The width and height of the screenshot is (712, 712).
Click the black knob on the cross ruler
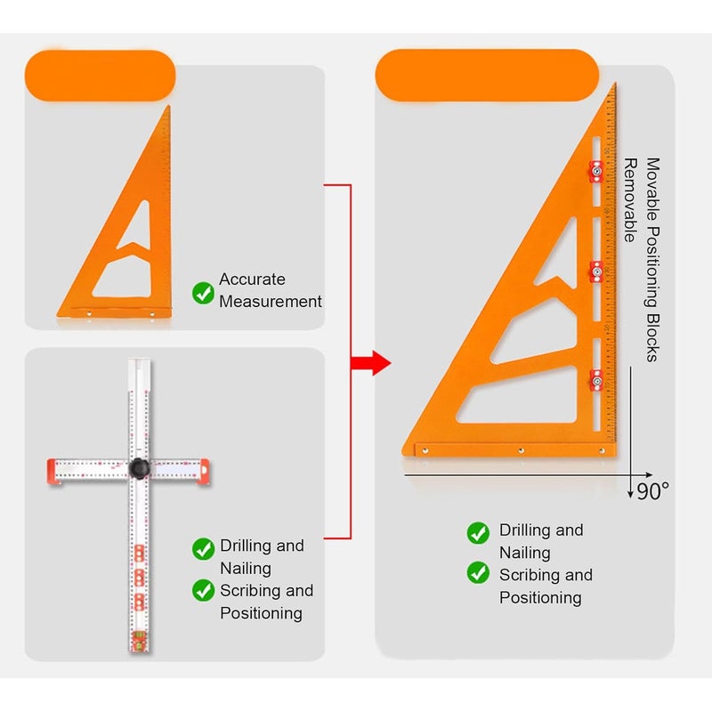click(x=139, y=468)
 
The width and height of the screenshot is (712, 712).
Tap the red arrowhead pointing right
click(x=382, y=363)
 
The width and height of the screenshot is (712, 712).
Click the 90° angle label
click(x=653, y=491)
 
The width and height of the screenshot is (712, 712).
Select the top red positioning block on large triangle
click(x=596, y=172)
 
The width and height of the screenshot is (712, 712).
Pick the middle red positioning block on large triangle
click(x=596, y=271)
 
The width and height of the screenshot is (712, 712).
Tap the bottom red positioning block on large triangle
click(x=596, y=381)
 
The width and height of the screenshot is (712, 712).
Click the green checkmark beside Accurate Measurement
click(x=203, y=293)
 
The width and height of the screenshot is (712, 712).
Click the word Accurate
click(x=252, y=279)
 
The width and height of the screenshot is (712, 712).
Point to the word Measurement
click(x=271, y=302)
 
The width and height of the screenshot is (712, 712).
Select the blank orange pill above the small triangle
click(x=100, y=76)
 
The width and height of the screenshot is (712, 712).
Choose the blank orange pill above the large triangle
click(x=487, y=76)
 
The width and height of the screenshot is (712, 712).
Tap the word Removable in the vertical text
click(x=630, y=199)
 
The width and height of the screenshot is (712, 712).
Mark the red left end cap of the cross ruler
click(x=53, y=472)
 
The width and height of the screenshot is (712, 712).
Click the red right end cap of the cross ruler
click(x=204, y=472)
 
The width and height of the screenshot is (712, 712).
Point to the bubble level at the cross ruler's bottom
click(x=139, y=637)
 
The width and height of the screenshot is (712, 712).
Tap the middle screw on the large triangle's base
click(x=521, y=450)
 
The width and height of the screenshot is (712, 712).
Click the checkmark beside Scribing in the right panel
click(x=478, y=573)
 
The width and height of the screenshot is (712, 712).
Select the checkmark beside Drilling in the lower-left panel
click(x=203, y=549)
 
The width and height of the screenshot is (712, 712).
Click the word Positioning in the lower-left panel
click(x=261, y=613)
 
